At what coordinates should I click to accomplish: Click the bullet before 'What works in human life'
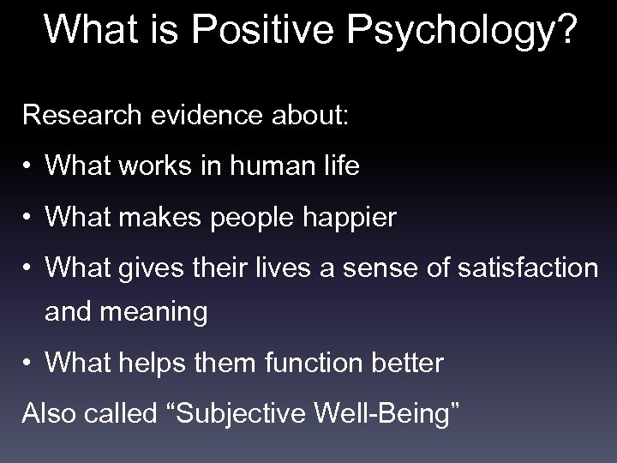(x=30, y=167)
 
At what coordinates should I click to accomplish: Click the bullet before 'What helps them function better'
(x=30, y=364)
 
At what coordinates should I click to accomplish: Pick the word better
(x=407, y=364)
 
